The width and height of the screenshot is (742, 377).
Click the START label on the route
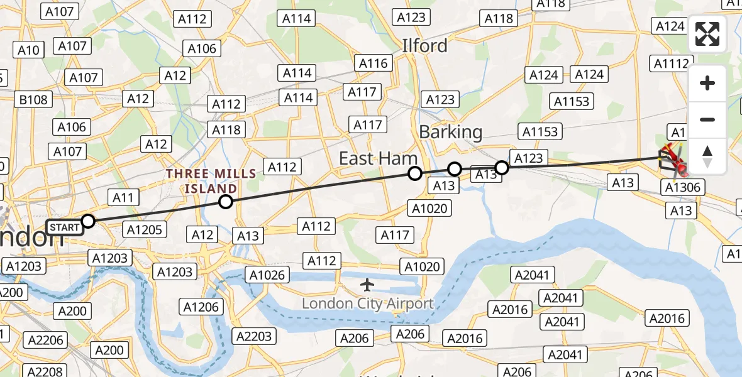click(x=64, y=227)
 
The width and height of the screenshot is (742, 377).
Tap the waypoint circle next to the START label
click(x=88, y=221)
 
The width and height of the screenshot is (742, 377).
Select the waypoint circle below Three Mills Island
click(x=226, y=202)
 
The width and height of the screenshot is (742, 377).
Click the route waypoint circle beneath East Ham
click(x=414, y=173)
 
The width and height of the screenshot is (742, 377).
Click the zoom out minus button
click(x=707, y=119)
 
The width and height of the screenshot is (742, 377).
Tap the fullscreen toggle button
click(x=707, y=34)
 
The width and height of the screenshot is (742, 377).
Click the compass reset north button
click(x=707, y=156)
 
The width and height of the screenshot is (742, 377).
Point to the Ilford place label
click(x=425, y=46)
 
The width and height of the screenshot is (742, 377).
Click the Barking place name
click(x=450, y=132)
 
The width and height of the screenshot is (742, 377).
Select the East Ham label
click(x=378, y=158)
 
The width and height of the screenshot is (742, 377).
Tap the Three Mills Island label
click(x=211, y=181)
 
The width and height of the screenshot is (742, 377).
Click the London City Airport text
click(x=368, y=304)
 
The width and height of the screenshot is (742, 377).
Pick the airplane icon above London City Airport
click(x=368, y=285)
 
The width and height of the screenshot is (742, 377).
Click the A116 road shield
click(x=374, y=63)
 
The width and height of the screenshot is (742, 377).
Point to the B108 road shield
click(x=33, y=99)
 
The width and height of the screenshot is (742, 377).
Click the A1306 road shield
click(x=682, y=187)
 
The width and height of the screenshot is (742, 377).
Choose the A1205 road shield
click(x=145, y=229)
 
